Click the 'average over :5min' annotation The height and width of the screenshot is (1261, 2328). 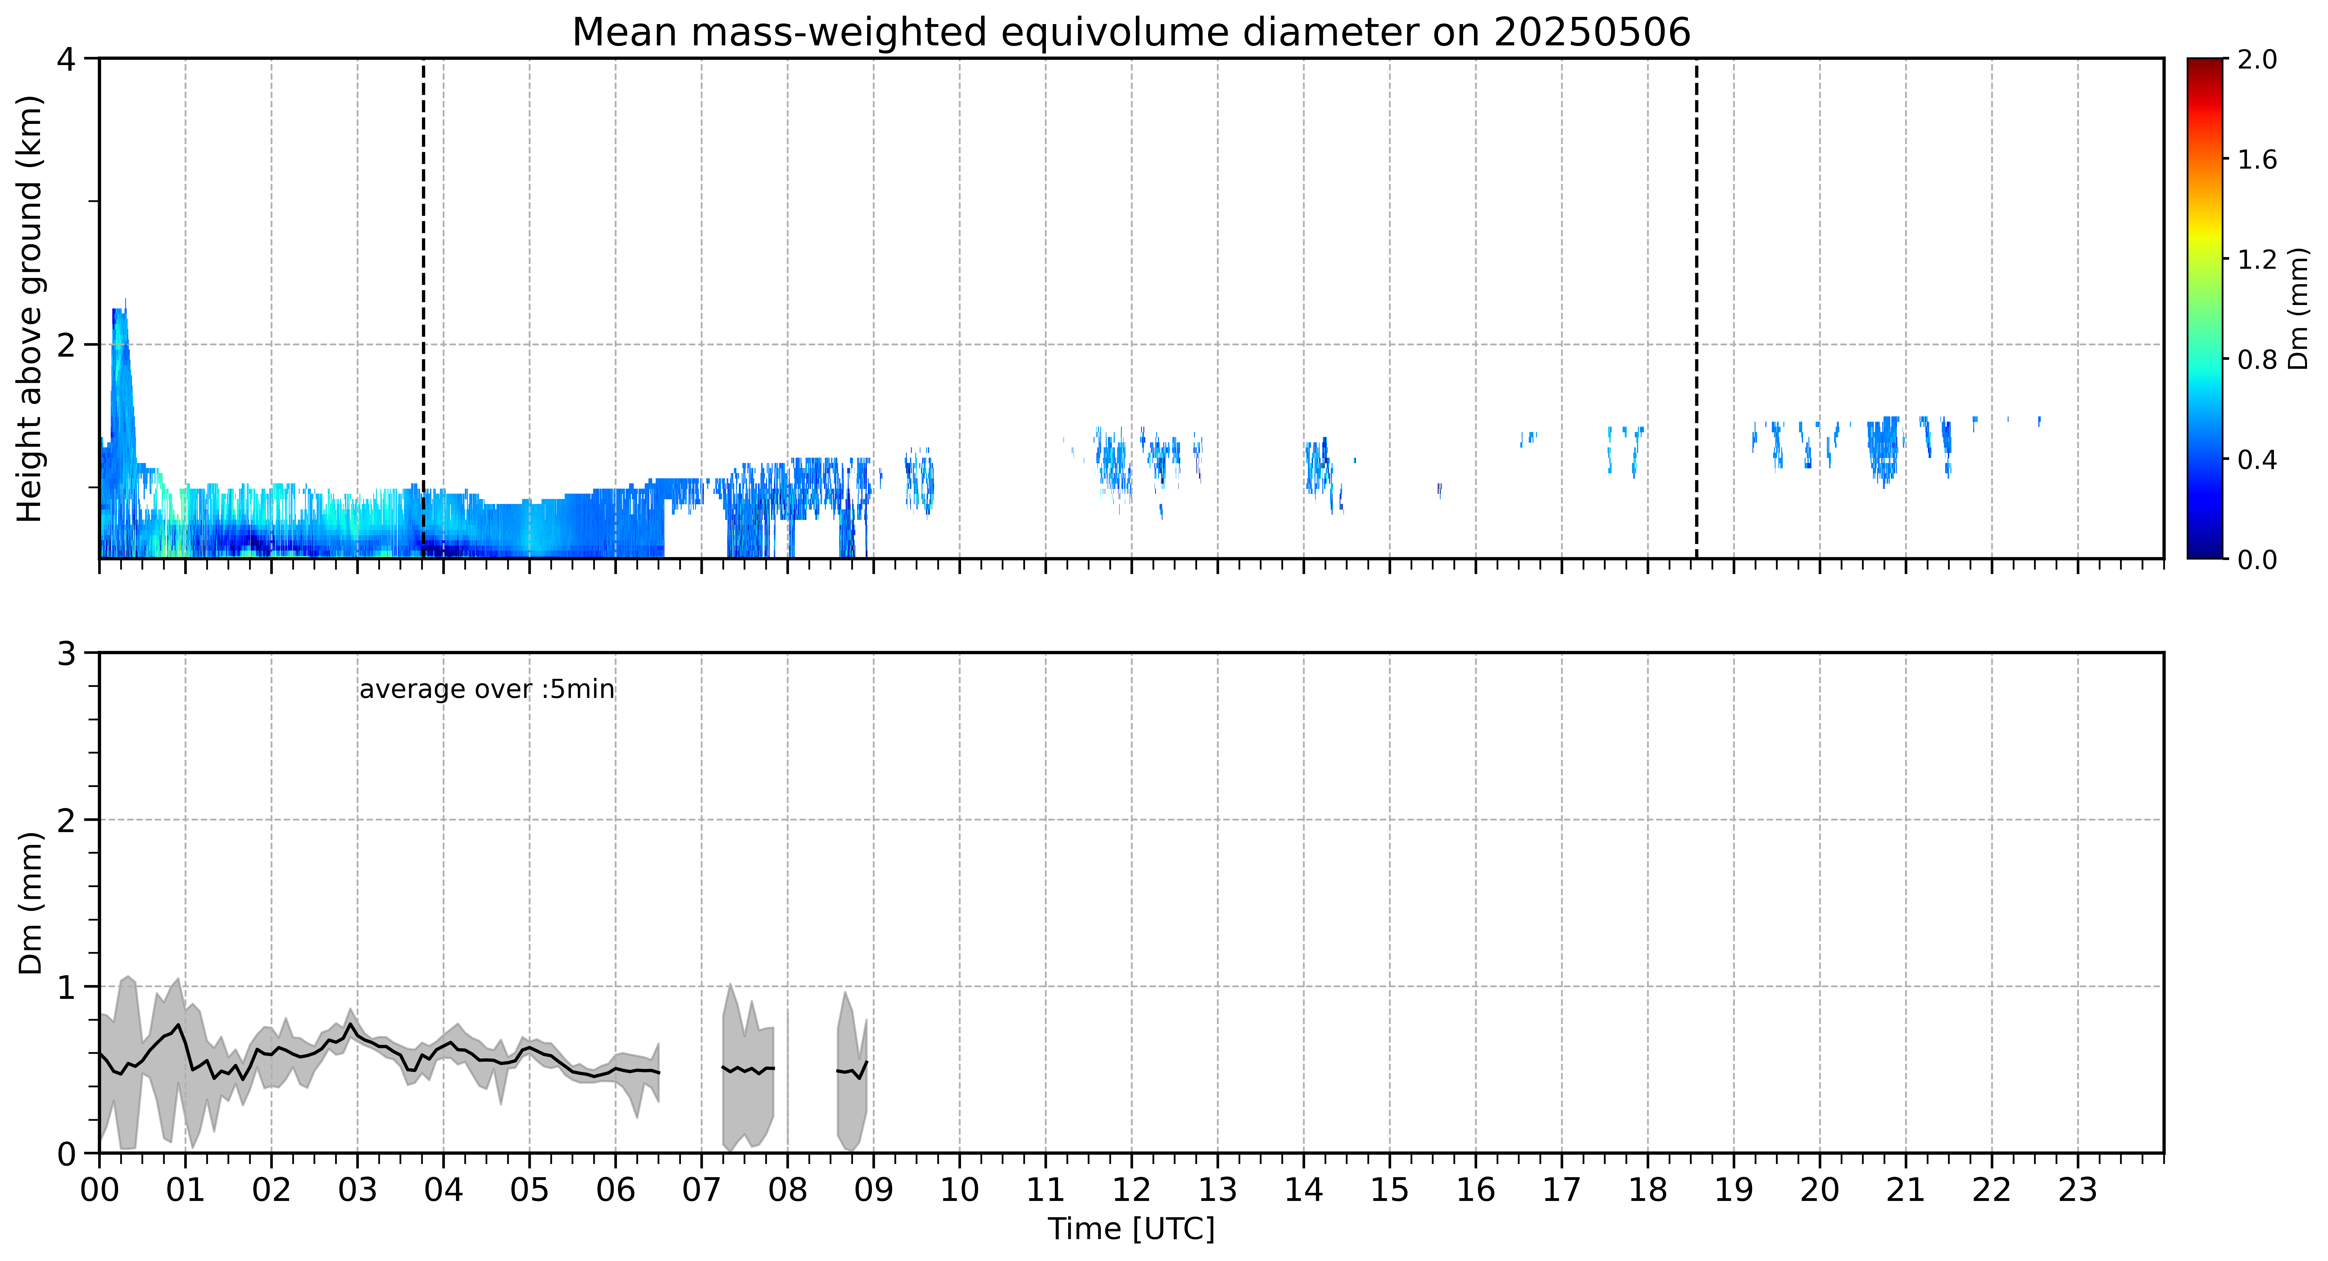coord(486,690)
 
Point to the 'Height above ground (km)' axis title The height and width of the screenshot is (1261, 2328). coord(30,308)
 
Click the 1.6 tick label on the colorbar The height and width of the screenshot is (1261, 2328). coord(2257,160)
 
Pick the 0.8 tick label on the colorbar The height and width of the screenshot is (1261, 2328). coord(2257,360)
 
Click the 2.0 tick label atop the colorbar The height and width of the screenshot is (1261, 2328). coord(2257,60)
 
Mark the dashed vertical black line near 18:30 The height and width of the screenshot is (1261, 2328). coord(1696,308)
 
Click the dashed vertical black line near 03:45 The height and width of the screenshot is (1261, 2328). coord(423,308)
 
